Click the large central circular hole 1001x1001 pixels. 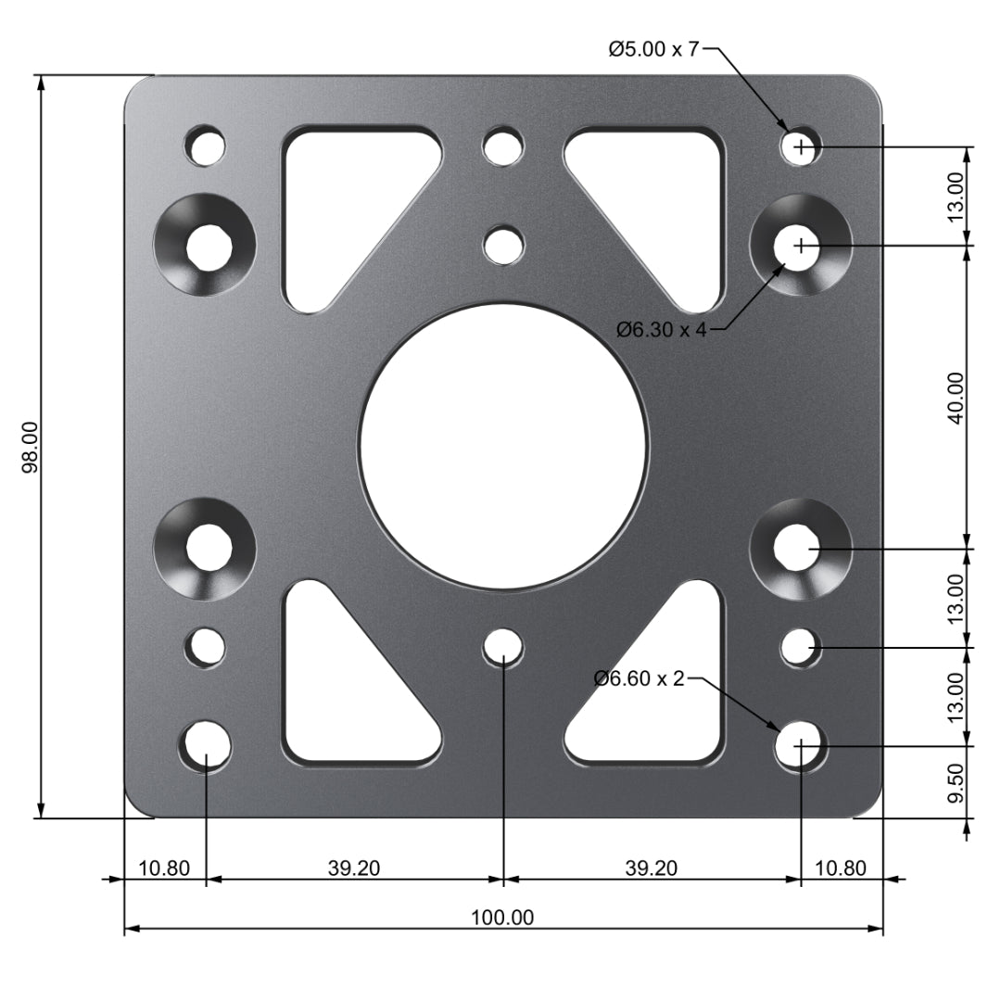pos(502,446)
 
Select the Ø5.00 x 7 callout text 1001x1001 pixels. pos(653,50)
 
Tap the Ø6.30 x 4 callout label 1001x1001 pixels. pos(662,329)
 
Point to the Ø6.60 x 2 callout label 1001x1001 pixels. pos(639,679)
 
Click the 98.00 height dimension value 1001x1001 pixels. pos(30,447)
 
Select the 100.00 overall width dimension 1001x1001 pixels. pos(502,918)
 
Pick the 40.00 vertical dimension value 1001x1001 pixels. pos(956,397)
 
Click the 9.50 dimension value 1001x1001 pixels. pos(956,784)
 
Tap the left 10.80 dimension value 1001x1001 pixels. pos(164,868)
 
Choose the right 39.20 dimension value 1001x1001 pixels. pos(651,868)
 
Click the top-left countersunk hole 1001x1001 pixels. pos(205,246)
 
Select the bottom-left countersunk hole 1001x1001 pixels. pos(205,548)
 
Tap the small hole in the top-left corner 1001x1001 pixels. pos(205,146)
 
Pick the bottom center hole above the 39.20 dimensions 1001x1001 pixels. pos(502,646)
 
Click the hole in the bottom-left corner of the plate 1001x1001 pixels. pos(207,744)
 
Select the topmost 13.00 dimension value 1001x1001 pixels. pos(956,195)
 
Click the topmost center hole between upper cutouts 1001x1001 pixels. pos(503,146)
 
